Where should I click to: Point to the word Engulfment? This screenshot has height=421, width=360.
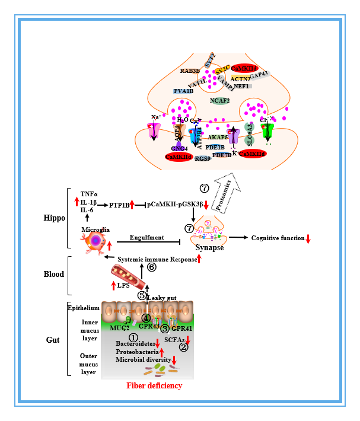coord(149,237)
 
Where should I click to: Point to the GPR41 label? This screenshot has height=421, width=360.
coord(182,327)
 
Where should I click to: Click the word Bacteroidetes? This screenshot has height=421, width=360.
coord(136,343)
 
